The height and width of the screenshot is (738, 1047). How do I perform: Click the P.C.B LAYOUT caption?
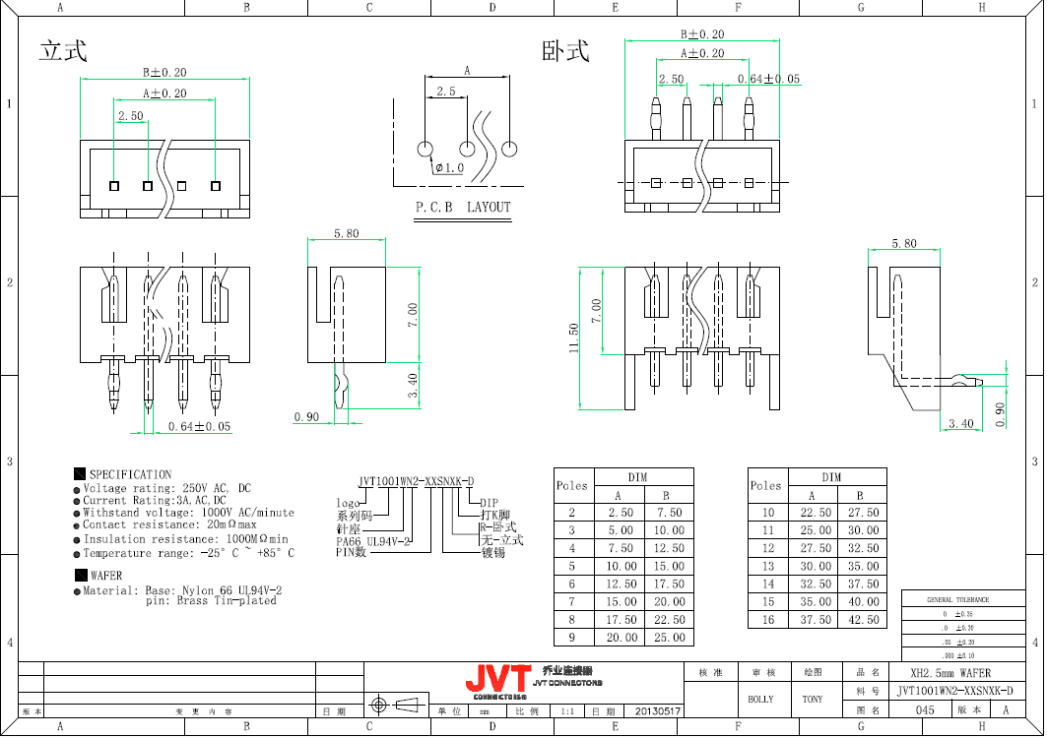point(463,207)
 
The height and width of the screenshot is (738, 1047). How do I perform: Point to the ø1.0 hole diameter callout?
point(449,168)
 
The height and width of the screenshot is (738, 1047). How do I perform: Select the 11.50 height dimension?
point(573,338)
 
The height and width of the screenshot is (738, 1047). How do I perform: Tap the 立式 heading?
point(63,51)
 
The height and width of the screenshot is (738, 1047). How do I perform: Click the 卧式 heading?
point(565,51)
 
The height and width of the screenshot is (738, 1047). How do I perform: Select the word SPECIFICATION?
point(130,474)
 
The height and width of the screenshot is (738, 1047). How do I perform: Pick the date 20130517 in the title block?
point(655,709)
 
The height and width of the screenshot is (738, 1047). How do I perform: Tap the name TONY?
point(812,699)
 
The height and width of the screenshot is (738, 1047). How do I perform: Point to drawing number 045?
point(925,709)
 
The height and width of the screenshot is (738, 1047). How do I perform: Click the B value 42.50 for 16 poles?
point(863,620)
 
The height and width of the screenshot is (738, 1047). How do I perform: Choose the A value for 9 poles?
point(621,638)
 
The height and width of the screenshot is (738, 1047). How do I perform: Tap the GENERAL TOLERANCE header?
point(957,599)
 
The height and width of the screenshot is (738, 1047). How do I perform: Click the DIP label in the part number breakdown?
point(489,503)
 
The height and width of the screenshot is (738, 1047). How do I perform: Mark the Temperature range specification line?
point(187,553)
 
